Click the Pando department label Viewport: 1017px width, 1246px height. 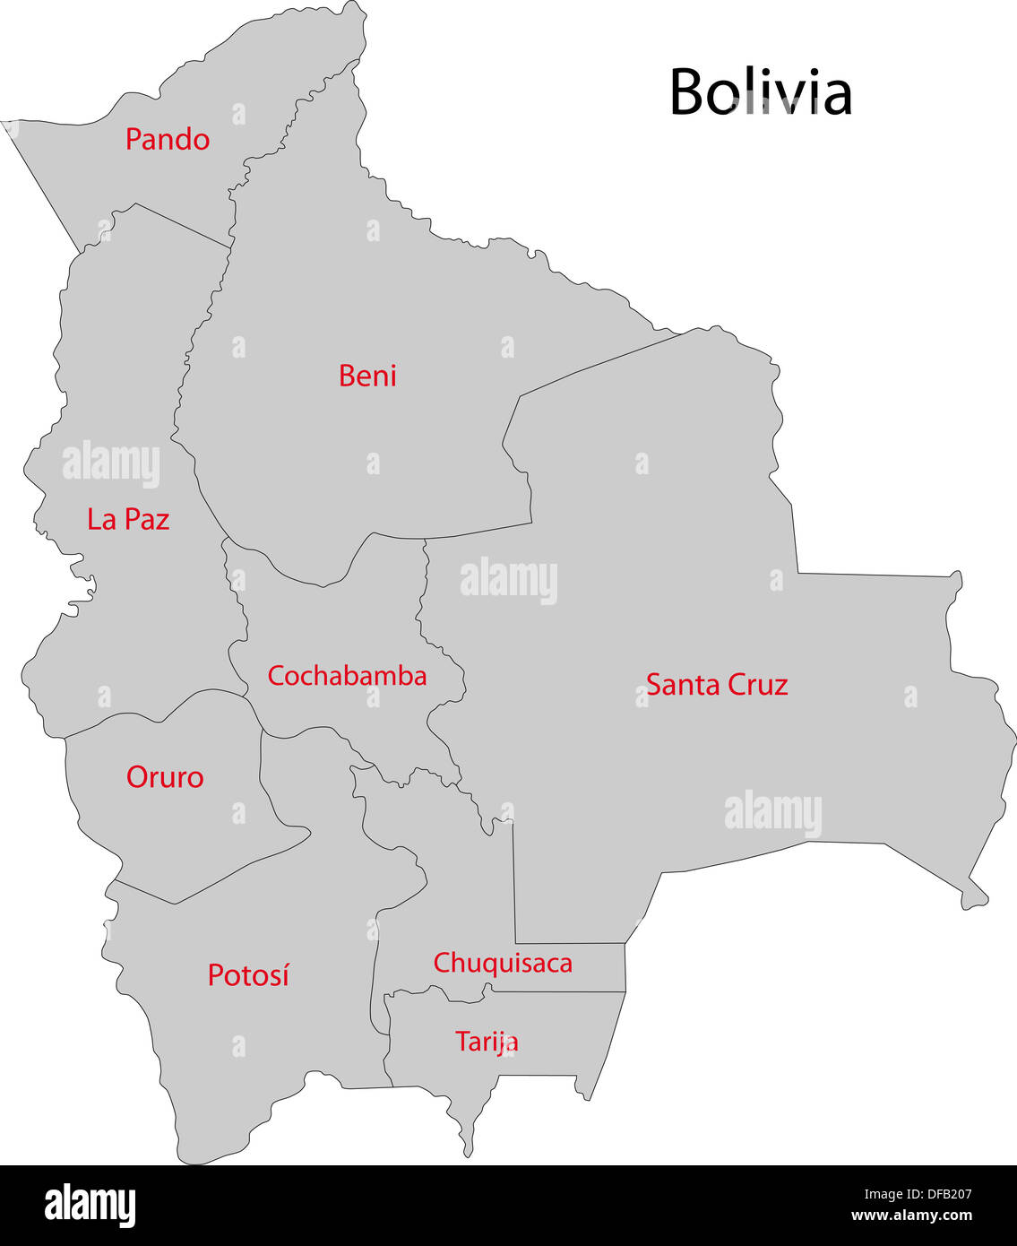pos(168,140)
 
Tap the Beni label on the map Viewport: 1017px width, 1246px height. pos(367,376)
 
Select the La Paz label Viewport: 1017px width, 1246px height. pos(128,519)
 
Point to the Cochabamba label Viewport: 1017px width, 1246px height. pos(347,676)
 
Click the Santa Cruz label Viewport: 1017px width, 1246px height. pos(717,685)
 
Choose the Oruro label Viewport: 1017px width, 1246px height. pos(165,777)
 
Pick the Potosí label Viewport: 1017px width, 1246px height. pos(248,975)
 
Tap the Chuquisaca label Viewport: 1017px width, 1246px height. pos(503,964)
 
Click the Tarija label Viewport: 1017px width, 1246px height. pos(487,1042)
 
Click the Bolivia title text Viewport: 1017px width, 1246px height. pos(761,91)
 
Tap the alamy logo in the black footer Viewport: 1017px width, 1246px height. pos(90,1205)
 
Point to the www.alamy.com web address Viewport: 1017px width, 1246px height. pos(911,1216)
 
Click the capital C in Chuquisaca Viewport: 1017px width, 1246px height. pos(442,964)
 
